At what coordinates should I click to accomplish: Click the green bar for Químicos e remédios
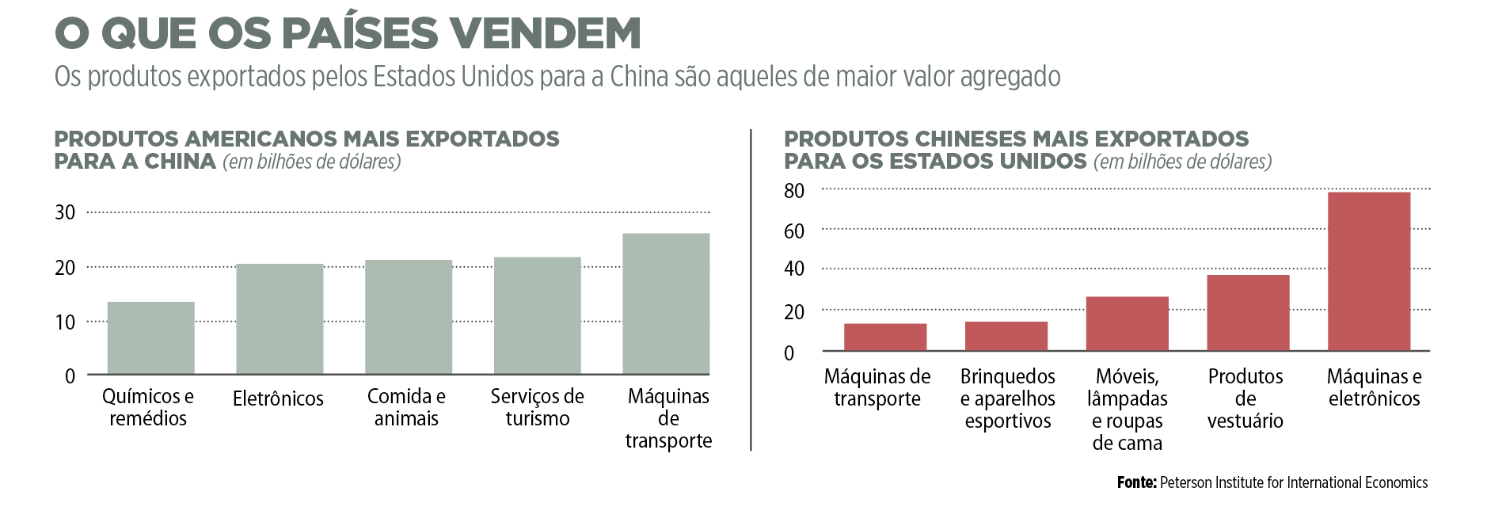click(150, 338)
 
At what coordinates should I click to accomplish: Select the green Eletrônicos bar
click(280, 319)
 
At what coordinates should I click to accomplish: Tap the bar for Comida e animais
click(409, 317)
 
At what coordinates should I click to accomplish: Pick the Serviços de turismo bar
click(537, 315)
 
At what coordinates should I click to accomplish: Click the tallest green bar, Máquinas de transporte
click(666, 303)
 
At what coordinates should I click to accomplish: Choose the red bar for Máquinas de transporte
click(885, 337)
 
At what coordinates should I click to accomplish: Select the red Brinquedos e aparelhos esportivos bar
click(1006, 336)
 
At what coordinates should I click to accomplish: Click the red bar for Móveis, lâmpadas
click(1127, 323)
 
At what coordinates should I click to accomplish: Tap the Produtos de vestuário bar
click(1248, 313)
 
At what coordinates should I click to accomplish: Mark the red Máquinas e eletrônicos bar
click(1368, 271)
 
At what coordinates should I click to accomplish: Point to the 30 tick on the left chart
click(65, 212)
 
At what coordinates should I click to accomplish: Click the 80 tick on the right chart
click(793, 191)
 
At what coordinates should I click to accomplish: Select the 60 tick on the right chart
click(793, 231)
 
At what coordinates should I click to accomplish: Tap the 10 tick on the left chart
click(65, 322)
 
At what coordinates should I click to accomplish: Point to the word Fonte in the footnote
click(1136, 482)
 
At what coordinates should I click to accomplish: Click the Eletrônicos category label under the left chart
click(278, 398)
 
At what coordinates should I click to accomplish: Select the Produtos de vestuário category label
click(1245, 398)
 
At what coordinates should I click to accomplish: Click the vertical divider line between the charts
click(751, 290)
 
